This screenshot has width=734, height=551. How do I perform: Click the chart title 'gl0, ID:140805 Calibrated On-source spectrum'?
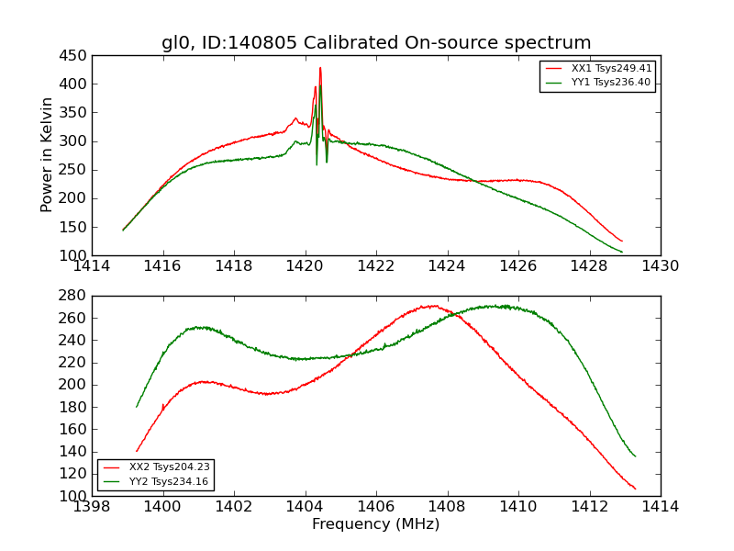pos(376,43)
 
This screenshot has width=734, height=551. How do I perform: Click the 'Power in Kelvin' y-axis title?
pos(47,155)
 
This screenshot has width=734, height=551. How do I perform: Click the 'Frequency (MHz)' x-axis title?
pos(376,524)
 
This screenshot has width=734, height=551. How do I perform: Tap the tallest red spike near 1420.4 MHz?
pos(320,68)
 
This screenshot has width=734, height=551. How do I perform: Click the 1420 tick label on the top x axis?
pos(306,266)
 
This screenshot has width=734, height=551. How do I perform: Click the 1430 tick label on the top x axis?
pos(661,266)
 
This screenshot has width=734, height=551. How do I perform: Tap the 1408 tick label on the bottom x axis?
pos(447,507)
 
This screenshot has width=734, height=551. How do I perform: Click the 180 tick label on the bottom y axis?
pos(74,407)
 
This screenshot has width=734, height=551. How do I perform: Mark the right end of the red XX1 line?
pos(622,242)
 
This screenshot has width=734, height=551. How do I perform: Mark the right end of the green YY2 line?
pos(635,455)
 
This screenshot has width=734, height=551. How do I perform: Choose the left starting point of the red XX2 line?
pos(137,451)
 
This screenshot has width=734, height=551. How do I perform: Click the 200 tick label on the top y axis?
pos(74,198)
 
